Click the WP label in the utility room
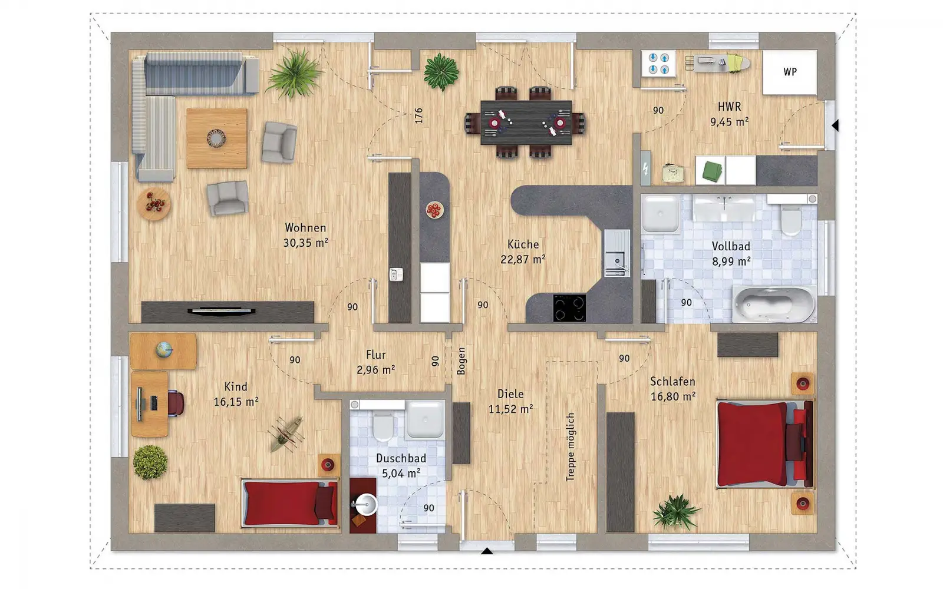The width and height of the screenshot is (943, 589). click(x=790, y=72)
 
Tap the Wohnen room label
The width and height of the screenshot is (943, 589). click(x=305, y=227)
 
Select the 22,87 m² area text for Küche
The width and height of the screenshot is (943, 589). click(x=523, y=259)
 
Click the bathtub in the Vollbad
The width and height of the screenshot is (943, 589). click(x=774, y=304)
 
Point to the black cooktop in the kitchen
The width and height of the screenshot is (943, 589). click(x=569, y=308)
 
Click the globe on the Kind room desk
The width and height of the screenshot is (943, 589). click(x=164, y=350)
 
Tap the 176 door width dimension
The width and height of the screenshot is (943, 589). click(x=418, y=115)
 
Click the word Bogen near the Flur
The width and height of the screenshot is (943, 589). click(x=461, y=361)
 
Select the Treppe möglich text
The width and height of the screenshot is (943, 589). click(x=570, y=447)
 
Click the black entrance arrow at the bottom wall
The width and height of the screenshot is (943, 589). click(x=487, y=551)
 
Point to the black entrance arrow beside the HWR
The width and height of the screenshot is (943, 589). click(x=835, y=125)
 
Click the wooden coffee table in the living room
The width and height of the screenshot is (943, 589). click(x=217, y=138)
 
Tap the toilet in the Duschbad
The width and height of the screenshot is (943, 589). click(x=383, y=426)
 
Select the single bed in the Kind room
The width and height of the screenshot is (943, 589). click(x=289, y=503)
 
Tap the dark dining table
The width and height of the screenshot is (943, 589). click(x=526, y=123)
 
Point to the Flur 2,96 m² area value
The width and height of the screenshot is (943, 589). click(x=375, y=370)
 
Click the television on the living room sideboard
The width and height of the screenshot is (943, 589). click(x=222, y=312)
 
